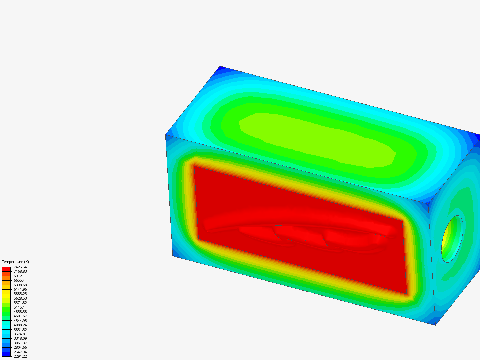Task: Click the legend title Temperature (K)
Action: click(x=16, y=262)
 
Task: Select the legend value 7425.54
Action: click(x=20, y=267)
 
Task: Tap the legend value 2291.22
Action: click(x=20, y=356)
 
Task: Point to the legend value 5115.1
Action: click(x=19, y=307)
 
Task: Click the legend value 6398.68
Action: click(x=20, y=285)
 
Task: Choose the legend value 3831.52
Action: click(x=20, y=330)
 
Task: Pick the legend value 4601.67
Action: click(x=20, y=316)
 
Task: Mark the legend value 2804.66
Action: click(x=20, y=347)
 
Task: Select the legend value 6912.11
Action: click(x=20, y=276)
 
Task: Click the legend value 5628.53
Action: click(x=20, y=298)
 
